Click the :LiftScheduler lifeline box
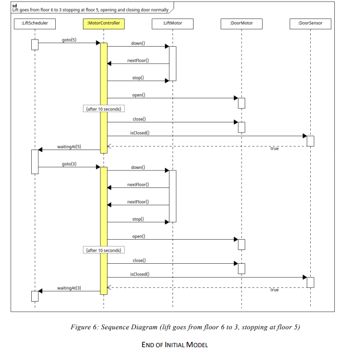tap(35, 23)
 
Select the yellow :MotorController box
tap(103, 23)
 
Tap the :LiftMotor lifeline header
tap(173, 23)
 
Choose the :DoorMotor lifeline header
tap(241, 23)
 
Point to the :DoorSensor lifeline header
tap(310, 23)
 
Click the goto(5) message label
tap(69, 39)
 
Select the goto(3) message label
tap(69, 163)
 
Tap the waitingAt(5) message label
tap(69, 147)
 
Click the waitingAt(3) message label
tap(69, 288)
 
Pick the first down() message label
tap(138, 43)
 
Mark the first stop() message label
tap(138, 78)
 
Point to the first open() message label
tap(139, 95)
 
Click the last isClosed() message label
tap(140, 274)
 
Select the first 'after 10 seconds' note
tap(104, 109)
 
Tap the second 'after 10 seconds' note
tap(104, 250)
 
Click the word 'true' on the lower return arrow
tap(274, 290)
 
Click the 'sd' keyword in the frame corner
tap(14, 5)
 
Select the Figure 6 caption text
tap(185, 327)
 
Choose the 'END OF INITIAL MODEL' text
tap(175, 345)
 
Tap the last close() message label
tap(139, 261)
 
